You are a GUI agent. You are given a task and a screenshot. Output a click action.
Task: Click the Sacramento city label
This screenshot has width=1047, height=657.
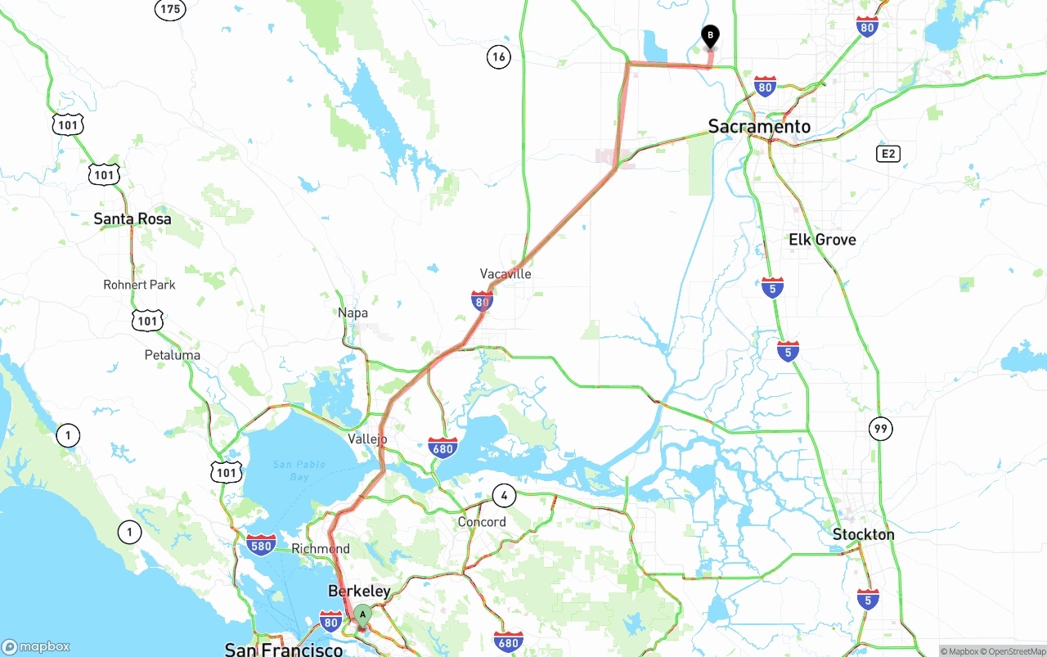(759, 126)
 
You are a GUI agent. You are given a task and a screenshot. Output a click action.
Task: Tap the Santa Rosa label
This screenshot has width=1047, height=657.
(133, 218)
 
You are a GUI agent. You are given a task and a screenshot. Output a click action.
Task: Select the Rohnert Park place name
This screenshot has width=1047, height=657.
(139, 285)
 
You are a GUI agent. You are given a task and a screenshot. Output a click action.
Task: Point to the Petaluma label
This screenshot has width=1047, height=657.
(172, 355)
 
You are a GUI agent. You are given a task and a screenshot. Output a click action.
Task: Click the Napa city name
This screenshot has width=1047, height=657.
(353, 313)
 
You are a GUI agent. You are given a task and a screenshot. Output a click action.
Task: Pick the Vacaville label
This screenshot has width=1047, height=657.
(506, 273)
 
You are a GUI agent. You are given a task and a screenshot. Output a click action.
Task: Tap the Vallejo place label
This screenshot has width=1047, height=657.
(367, 439)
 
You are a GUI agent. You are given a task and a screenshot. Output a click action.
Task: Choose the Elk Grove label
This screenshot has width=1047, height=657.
(822, 240)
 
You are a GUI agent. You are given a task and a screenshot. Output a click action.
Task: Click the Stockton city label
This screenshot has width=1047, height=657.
(863, 534)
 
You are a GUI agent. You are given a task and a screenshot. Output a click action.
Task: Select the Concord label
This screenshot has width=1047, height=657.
(482, 521)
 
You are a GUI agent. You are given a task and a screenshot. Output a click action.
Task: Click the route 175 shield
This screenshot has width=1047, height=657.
(170, 9)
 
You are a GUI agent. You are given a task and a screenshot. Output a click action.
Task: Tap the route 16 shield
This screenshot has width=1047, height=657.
(499, 56)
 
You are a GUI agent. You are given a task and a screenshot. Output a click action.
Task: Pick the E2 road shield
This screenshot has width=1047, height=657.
(888, 154)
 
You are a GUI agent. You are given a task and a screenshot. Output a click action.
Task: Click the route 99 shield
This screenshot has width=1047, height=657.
(881, 428)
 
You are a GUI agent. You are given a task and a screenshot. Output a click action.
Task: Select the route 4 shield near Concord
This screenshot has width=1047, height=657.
(504, 495)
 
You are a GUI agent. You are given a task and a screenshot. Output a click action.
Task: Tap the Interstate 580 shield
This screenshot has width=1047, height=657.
(261, 545)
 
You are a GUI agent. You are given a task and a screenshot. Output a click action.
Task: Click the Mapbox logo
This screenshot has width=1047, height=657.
(36, 646)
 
